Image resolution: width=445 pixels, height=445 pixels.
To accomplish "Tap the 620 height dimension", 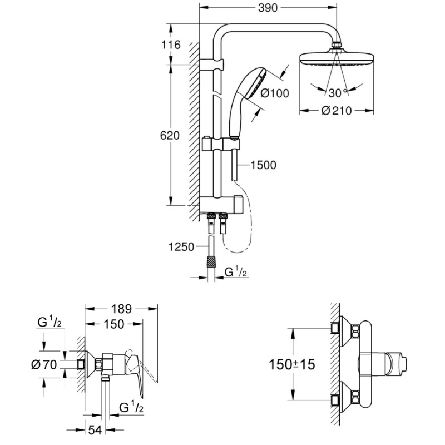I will (171, 136).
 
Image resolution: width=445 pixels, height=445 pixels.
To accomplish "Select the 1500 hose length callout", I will (264, 165).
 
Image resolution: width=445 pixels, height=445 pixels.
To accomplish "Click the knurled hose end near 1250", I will (211, 262).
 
